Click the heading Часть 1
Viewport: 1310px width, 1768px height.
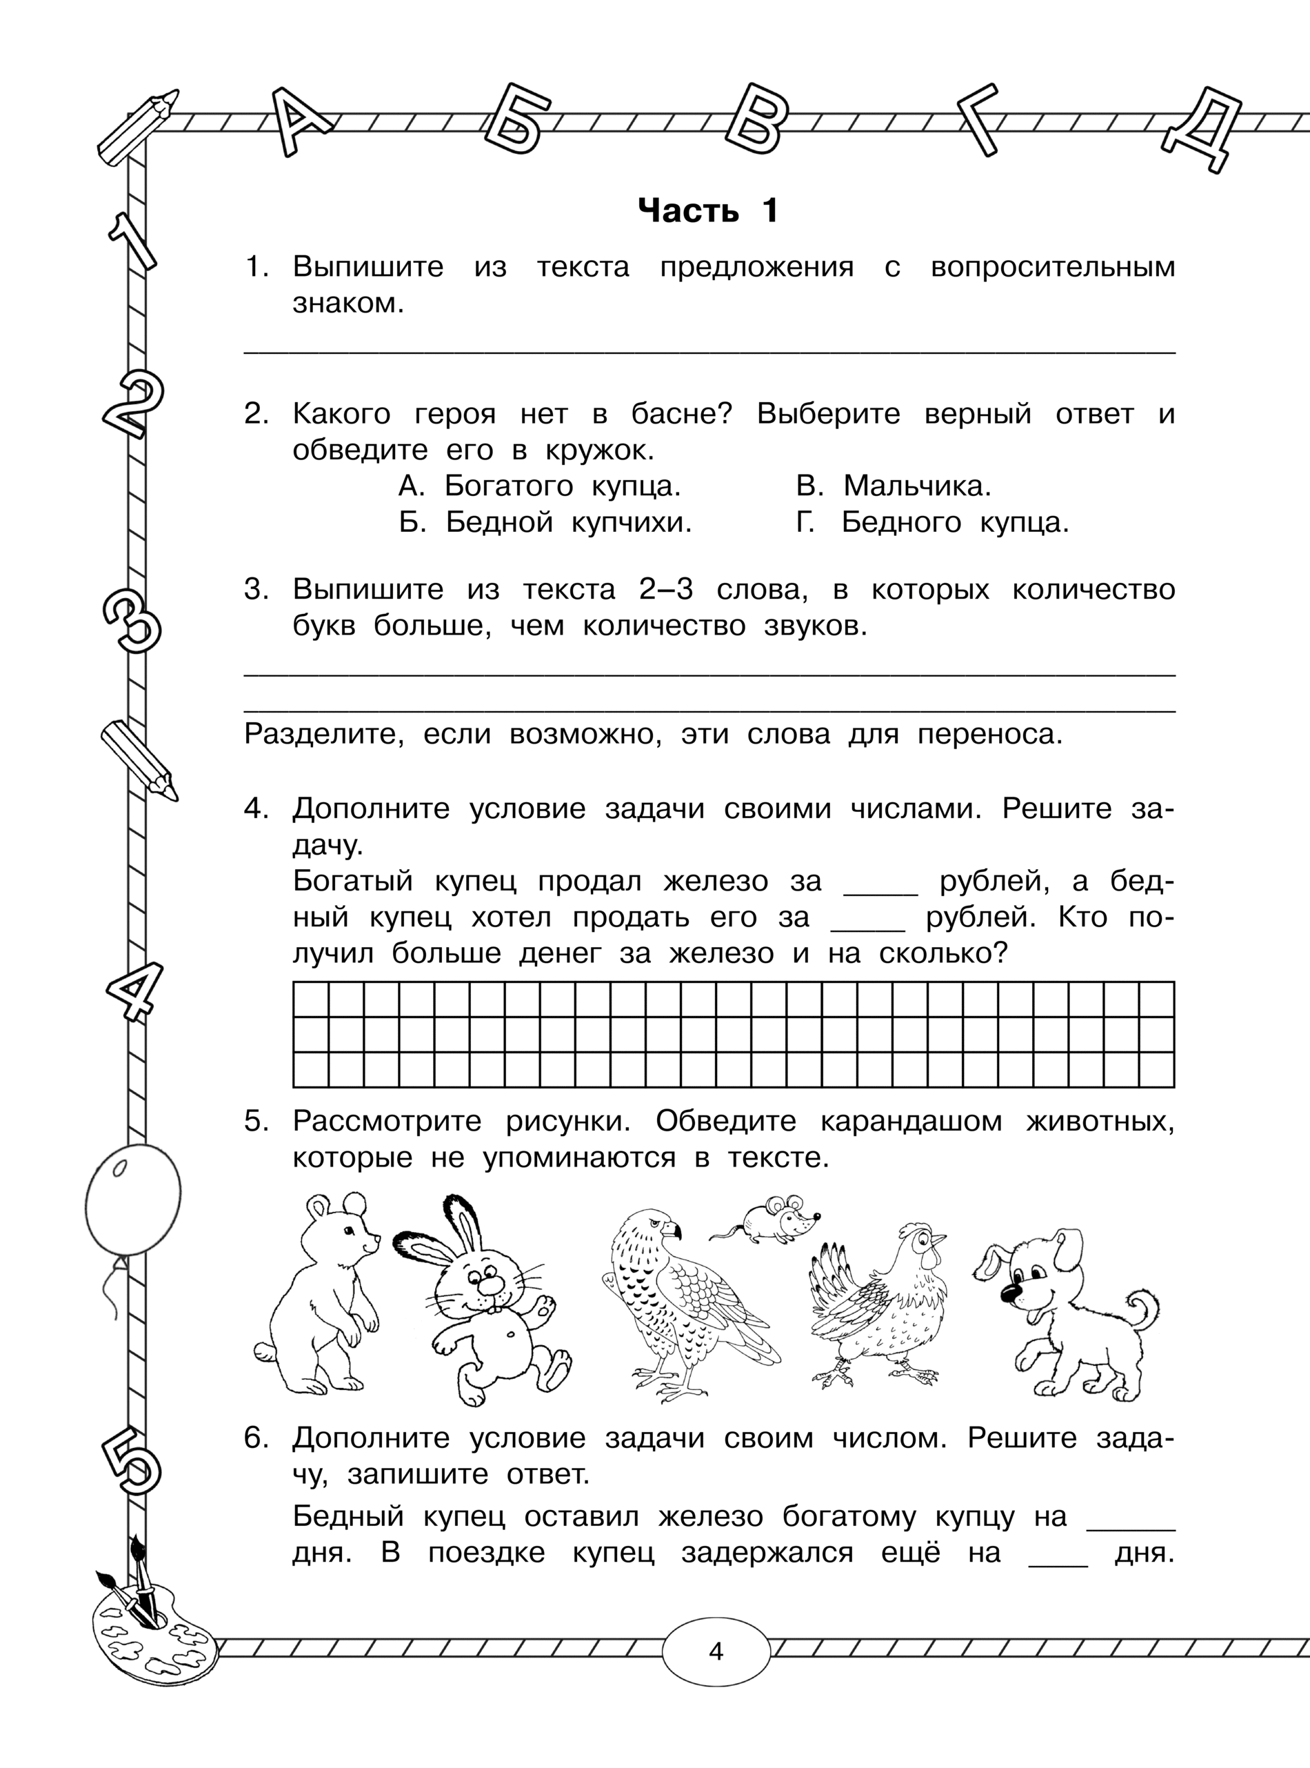[x=708, y=211]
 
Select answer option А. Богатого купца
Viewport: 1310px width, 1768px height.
[x=539, y=486]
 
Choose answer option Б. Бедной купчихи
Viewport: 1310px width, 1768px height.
[x=545, y=523]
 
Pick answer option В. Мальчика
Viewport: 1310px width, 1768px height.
[x=894, y=486]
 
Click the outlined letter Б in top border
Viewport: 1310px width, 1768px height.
[x=518, y=121]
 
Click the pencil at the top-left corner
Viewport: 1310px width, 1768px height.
[x=135, y=127]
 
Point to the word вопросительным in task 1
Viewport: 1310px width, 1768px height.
[x=1052, y=266]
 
